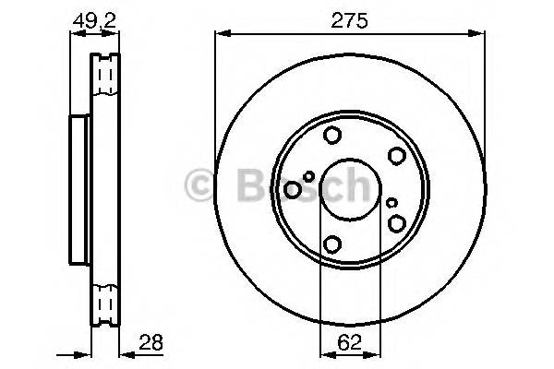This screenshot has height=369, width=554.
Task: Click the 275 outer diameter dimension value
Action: pyautogui.click(x=349, y=19)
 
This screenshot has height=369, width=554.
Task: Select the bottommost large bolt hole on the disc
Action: pyautogui.click(x=331, y=244)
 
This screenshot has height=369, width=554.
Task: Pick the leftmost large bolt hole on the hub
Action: pyautogui.click(x=293, y=190)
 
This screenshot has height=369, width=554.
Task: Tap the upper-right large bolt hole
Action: pyautogui.click(x=396, y=155)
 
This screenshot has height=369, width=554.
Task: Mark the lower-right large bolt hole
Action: pyautogui.click(x=397, y=223)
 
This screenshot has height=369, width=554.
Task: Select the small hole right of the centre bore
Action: pyautogui.click(x=392, y=203)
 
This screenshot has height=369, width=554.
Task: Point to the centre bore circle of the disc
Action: pyautogui.click(x=349, y=190)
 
